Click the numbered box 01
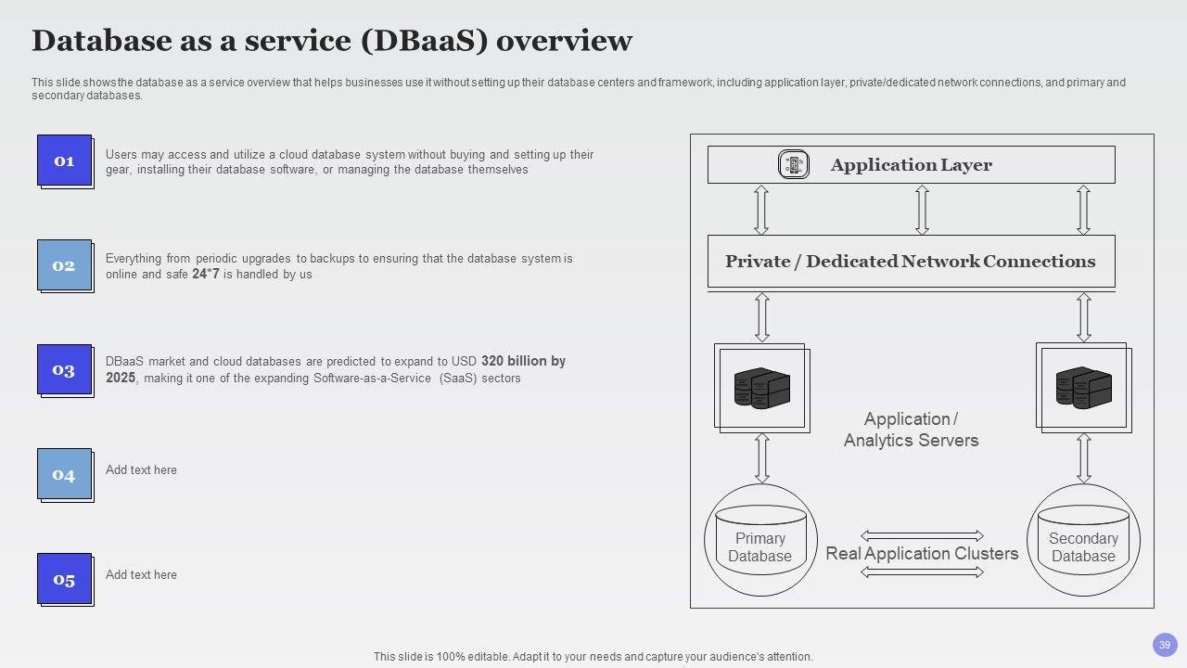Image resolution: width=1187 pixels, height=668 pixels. (65, 161)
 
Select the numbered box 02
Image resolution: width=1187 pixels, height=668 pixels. (65, 265)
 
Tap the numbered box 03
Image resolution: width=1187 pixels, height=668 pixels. (65, 370)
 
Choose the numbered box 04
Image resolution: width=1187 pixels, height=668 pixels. (65, 475)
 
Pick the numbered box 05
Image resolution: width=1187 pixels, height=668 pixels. (65, 580)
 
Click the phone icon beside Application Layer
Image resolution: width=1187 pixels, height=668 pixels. (793, 164)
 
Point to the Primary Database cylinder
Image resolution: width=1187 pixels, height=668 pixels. (760, 540)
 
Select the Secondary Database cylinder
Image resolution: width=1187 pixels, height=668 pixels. (1083, 540)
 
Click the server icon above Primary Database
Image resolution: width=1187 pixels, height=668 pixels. (762, 388)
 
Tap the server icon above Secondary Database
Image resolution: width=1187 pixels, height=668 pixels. (1084, 388)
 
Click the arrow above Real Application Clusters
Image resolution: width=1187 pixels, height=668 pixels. (922, 535)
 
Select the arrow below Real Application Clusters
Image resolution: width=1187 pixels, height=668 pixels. (922, 572)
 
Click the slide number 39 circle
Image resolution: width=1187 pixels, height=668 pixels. (1165, 645)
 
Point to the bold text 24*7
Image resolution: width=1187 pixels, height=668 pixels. (206, 274)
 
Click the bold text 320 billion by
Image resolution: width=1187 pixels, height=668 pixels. (523, 361)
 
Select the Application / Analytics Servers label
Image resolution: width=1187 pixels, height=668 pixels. (911, 430)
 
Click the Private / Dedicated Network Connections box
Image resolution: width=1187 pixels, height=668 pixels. (912, 262)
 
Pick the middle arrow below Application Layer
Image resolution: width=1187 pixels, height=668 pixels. (922, 210)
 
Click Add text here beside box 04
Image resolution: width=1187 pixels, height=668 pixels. (141, 469)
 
